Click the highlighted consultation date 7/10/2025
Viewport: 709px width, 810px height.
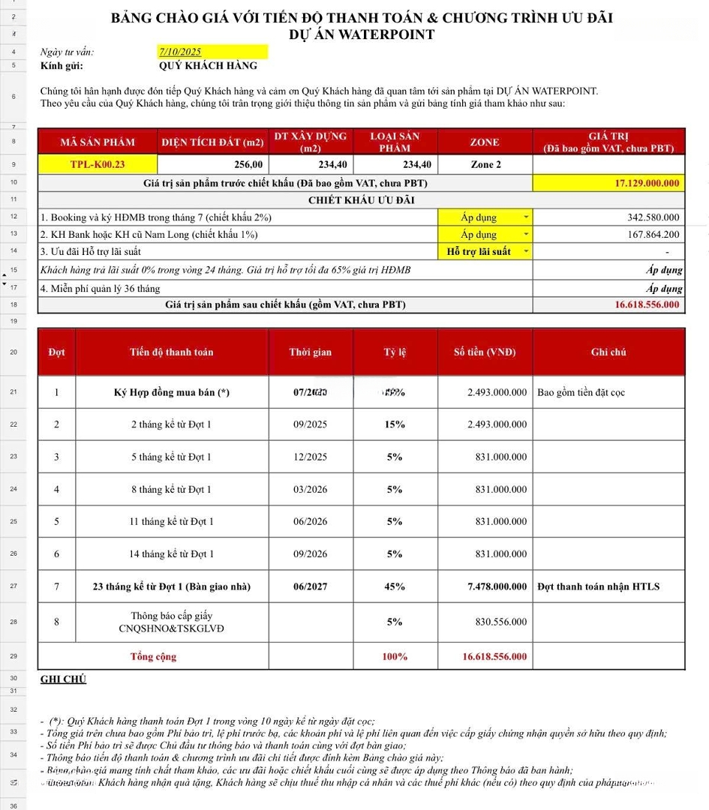click(180, 52)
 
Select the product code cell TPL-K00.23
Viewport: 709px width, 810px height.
click(98, 164)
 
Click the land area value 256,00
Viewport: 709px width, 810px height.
click(248, 164)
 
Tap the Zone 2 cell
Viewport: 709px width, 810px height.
click(485, 164)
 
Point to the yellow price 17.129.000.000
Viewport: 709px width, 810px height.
click(646, 183)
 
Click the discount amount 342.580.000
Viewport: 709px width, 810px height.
click(653, 217)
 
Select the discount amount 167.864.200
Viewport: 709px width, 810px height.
click(653, 235)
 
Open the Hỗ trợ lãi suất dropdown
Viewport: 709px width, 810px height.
click(526, 252)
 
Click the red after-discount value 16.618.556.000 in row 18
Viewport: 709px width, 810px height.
click(647, 304)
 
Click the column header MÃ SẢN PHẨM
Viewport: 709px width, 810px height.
click(98, 142)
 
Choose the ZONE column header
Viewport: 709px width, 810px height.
click(485, 142)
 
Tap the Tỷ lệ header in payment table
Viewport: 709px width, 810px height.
click(395, 352)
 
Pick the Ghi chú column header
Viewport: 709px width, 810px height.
click(608, 352)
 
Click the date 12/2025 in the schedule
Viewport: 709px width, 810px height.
click(310, 457)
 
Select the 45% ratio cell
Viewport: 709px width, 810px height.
click(395, 586)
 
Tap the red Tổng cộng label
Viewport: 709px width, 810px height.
click(154, 656)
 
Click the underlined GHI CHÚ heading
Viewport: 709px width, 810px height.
click(63, 679)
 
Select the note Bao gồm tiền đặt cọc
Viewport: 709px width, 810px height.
click(581, 392)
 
